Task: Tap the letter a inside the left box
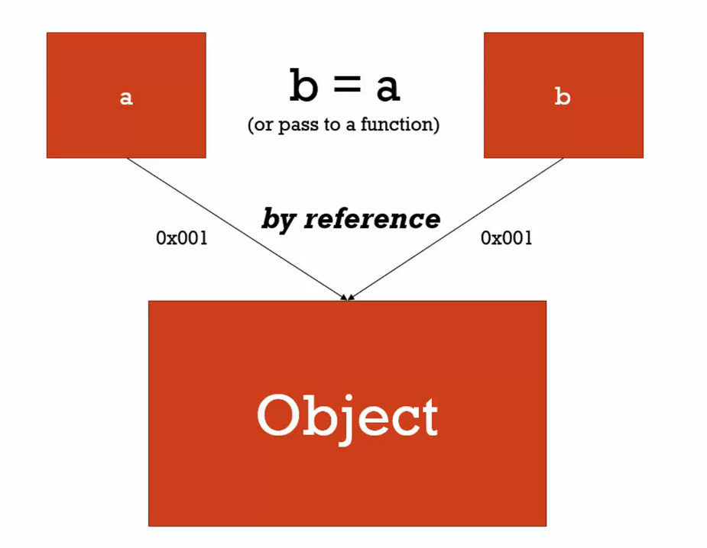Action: [126, 98]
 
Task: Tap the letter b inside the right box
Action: [562, 97]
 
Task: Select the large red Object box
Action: [347, 473]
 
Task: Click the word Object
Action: [347, 417]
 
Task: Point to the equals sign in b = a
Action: [345, 87]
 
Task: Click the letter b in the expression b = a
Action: [303, 85]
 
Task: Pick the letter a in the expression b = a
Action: [388, 88]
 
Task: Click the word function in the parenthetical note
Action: [400, 124]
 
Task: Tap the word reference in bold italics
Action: [372, 219]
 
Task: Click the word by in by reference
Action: [278, 220]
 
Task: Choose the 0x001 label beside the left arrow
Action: [182, 238]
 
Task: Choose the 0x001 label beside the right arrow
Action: [507, 238]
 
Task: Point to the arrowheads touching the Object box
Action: [347, 296]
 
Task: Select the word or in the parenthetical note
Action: [264, 125]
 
